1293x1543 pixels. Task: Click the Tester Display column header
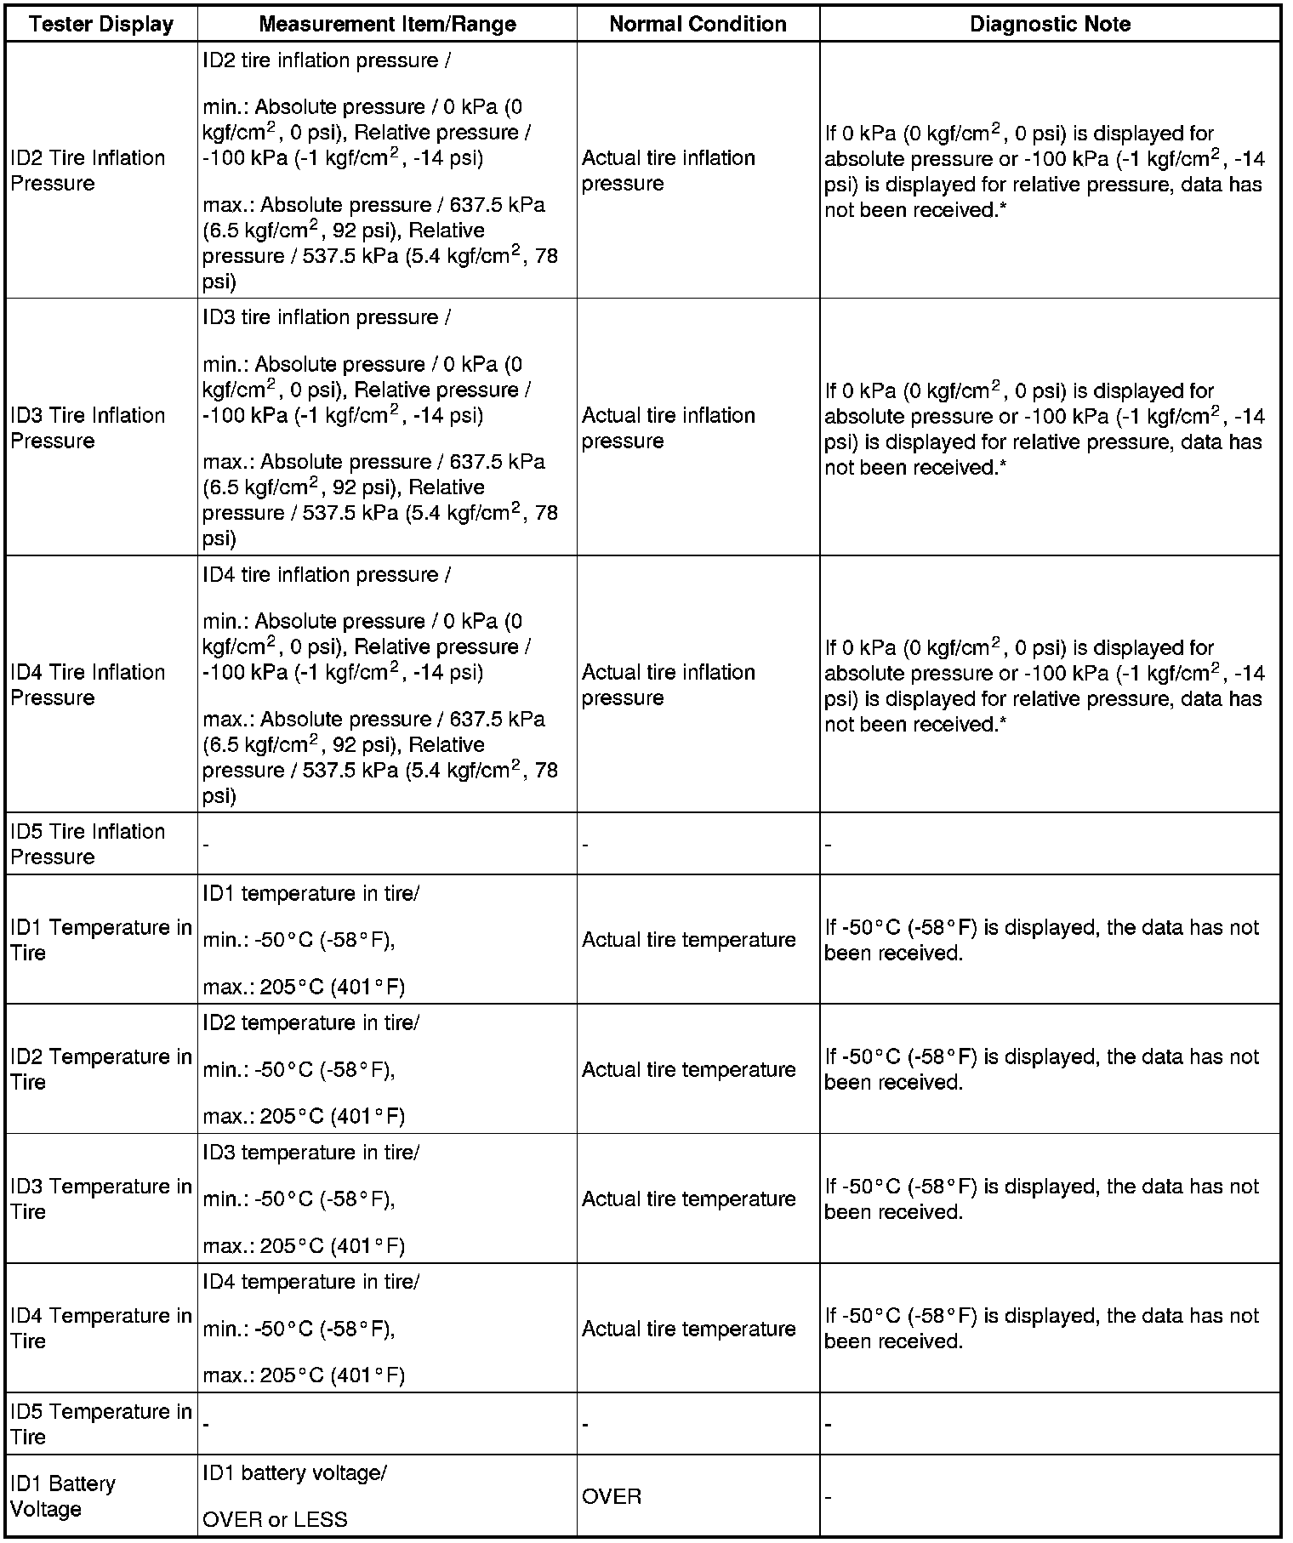pyautogui.click(x=101, y=24)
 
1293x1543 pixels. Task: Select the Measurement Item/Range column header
pyautogui.click(x=387, y=24)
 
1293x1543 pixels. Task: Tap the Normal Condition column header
pyautogui.click(x=698, y=24)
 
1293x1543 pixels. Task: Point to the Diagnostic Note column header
pyautogui.click(x=1050, y=24)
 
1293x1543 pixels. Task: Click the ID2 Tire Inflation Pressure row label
pyautogui.click(x=88, y=171)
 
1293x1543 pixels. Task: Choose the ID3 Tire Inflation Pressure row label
pyautogui.click(x=88, y=428)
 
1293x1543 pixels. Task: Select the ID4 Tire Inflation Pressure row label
pyautogui.click(x=88, y=685)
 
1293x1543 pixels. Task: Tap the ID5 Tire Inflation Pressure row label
pyautogui.click(x=88, y=844)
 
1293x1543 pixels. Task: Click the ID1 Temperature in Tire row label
pyautogui.click(x=101, y=940)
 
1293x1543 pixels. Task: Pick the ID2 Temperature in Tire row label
pyautogui.click(x=101, y=1069)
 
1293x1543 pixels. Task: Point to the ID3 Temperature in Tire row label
pyautogui.click(x=101, y=1199)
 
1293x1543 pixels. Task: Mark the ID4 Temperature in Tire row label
pyautogui.click(x=101, y=1329)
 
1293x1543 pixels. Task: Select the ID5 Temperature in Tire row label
pyautogui.click(x=101, y=1424)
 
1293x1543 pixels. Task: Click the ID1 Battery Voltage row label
pyautogui.click(x=63, y=1496)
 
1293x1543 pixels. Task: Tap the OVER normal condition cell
pyautogui.click(x=612, y=1496)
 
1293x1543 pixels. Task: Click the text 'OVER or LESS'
pyautogui.click(x=275, y=1519)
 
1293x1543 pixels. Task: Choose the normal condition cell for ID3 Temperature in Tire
pyautogui.click(x=688, y=1199)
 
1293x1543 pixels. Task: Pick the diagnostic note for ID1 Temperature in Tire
pyautogui.click(x=1041, y=940)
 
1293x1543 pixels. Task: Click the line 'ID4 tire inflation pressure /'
pyautogui.click(x=327, y=575)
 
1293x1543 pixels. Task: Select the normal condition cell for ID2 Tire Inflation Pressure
pyautogui.click(x=668, y=171)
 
